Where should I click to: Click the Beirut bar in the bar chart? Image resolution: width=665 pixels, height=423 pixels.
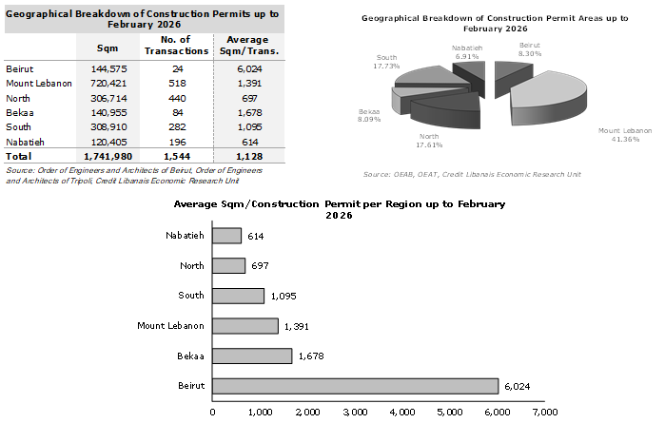pos(355,385)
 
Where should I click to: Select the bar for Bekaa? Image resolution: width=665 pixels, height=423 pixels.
pos(252,356)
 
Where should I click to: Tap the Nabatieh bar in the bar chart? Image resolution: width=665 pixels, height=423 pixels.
pos(226,236)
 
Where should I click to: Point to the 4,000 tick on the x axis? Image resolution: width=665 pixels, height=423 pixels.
pos(402,413)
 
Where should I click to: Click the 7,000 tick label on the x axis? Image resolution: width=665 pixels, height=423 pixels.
pos(544,413)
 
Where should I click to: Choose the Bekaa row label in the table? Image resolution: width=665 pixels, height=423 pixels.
pos(19,112)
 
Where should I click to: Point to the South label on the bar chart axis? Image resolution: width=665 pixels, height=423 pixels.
pos(190,296)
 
